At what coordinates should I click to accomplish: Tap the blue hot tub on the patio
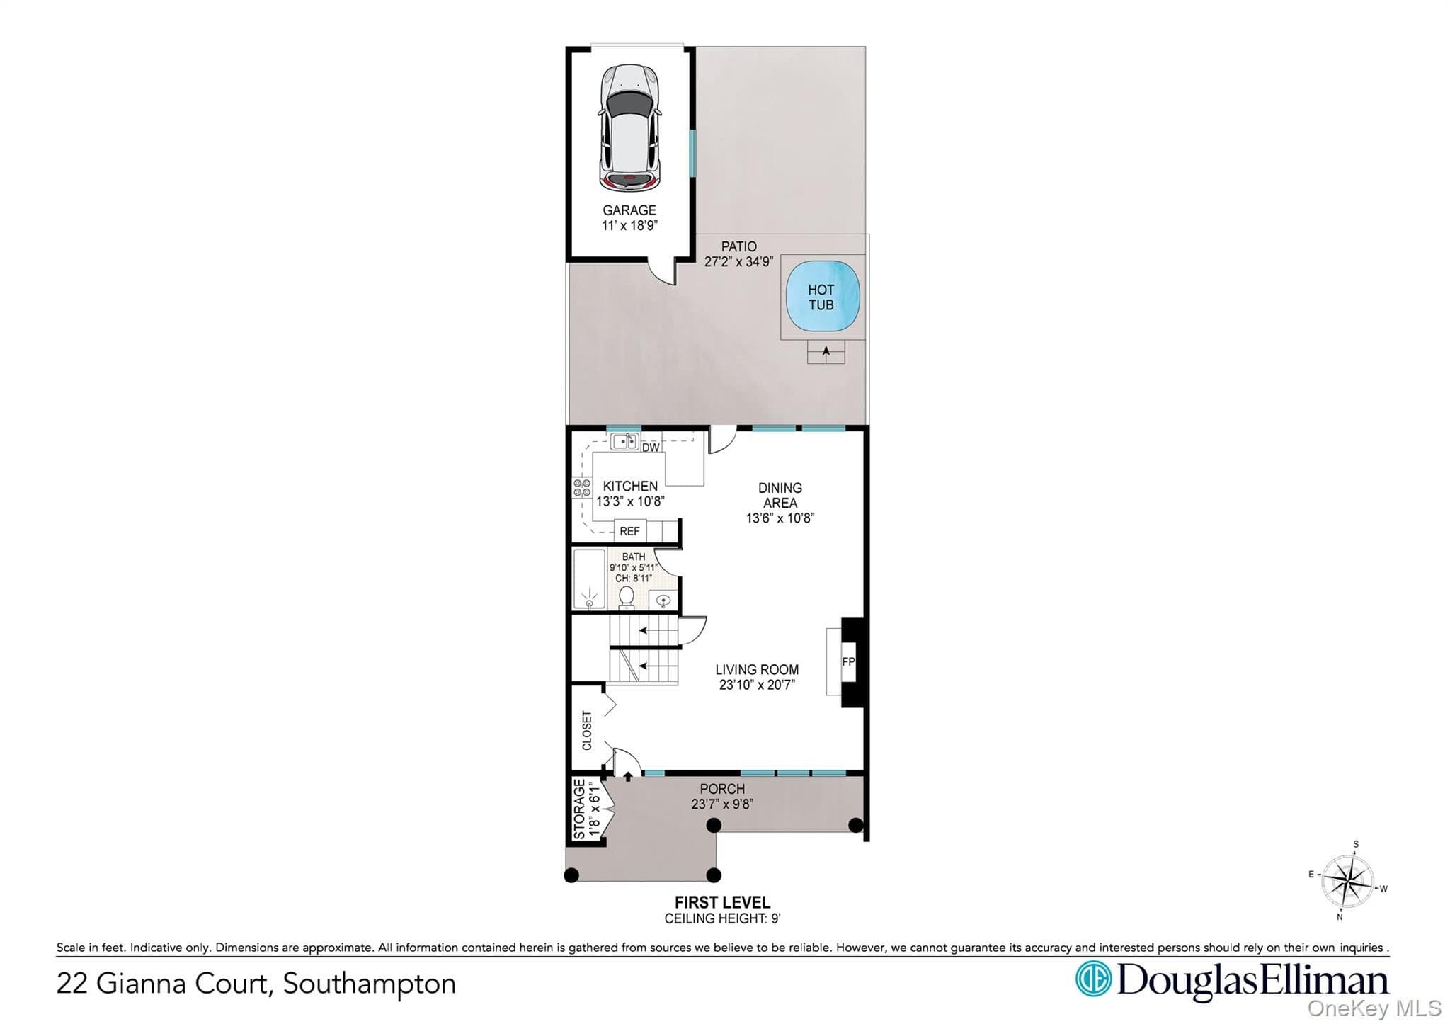point(821,297)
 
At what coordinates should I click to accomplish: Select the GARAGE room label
point(629,210)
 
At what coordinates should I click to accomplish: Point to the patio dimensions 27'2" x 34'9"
point(738,262)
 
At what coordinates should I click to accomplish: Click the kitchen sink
point(624,442)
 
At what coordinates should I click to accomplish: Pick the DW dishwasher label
point(651,448)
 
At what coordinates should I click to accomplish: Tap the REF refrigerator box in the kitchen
point(629,531)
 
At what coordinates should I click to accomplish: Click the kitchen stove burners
point(582,488)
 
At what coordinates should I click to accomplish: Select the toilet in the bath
point(627,598)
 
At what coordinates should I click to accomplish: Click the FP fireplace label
point(848,661)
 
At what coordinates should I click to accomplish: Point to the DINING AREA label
point(780,495)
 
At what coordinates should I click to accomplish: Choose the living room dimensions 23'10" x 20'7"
point(757,685)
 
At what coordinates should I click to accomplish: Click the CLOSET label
point(586,730)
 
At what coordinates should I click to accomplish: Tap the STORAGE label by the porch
point(579,809)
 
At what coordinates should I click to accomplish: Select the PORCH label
point(722,789)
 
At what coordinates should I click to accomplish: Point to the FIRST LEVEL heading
point(722,902)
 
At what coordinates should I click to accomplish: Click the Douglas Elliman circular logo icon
point(1093,979)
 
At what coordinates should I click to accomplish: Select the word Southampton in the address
point(369,984)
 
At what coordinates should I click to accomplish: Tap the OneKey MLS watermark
point(1374,1008)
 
